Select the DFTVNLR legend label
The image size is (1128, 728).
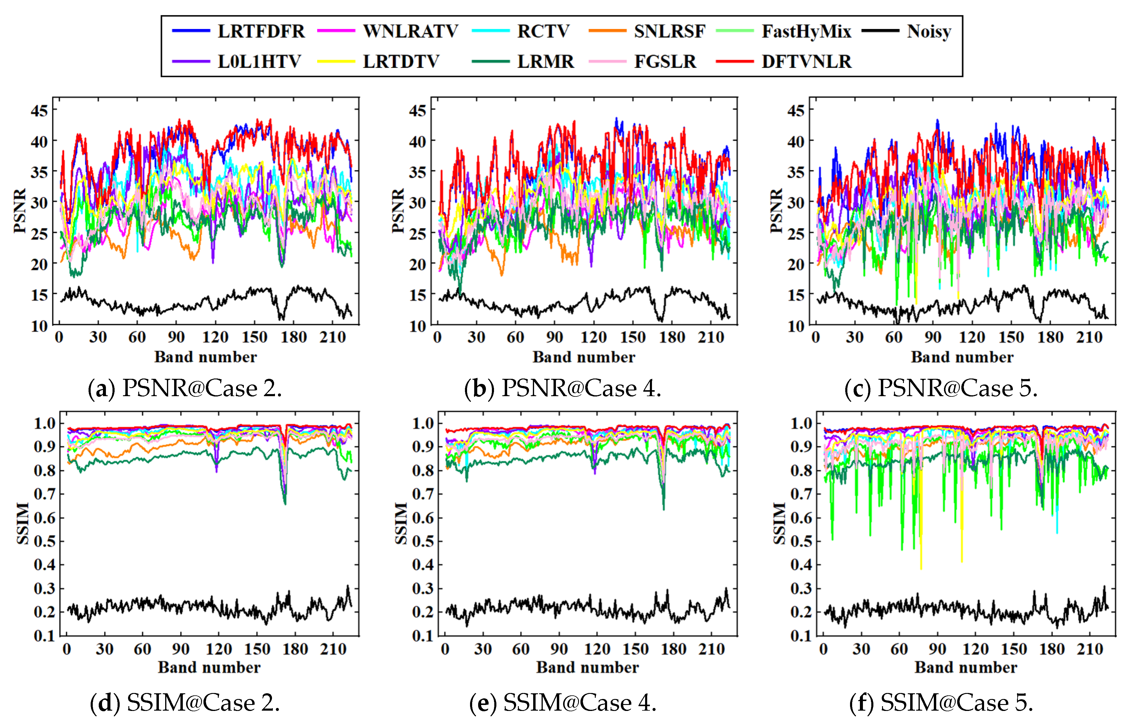pos(806,61)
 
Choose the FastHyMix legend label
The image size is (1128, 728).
pos(806,31)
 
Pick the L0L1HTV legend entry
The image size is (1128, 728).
pos(259,61)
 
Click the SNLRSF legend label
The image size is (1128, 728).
pos(669,31)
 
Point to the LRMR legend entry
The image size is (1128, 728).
pos(545,61)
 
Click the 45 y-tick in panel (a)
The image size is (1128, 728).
pos(39,111)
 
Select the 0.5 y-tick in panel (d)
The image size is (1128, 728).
pos(45,541)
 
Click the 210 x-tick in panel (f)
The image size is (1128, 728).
pos(1090,649)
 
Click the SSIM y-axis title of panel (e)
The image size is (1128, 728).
pos(401,523)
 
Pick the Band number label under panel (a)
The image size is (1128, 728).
pos(206,357)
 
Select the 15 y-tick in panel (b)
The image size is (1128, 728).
pos(417,295)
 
